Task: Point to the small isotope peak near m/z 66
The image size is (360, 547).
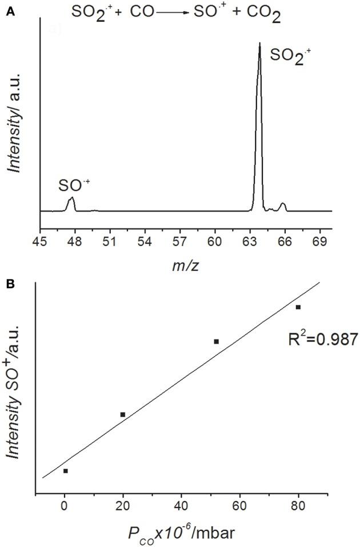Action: [x=282, y=206]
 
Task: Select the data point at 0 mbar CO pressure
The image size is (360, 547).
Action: [x=66, y=471]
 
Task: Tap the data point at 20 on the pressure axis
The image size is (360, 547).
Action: [x=123, y=414]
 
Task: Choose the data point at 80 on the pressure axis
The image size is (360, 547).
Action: [x=298, y=307]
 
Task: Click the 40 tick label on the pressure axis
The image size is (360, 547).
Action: [x=181, y=505]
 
